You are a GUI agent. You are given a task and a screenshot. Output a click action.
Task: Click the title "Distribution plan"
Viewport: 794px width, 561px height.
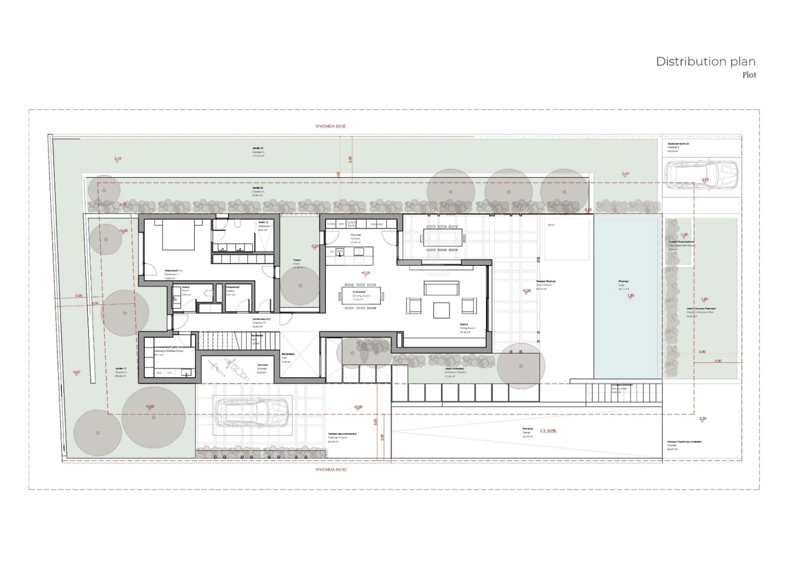705,62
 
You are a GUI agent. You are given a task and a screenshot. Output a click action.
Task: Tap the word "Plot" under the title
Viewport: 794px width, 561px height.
749,75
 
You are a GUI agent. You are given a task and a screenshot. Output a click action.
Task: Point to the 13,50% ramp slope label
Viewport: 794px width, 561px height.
547,431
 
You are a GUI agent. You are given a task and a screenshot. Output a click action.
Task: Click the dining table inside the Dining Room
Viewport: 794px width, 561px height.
361,296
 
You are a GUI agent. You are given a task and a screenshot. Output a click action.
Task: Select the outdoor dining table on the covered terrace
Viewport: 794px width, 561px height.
442,237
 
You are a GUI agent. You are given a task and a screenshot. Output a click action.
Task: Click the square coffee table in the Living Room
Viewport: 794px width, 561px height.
441,310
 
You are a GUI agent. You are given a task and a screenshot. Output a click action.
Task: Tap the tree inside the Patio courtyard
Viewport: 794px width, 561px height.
300,285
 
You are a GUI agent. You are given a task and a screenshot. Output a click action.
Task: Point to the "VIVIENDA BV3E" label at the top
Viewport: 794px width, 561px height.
331,126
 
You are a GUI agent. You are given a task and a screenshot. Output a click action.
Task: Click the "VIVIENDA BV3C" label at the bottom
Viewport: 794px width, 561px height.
331,469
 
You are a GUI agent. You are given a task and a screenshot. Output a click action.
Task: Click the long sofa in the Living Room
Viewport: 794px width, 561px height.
441,288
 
